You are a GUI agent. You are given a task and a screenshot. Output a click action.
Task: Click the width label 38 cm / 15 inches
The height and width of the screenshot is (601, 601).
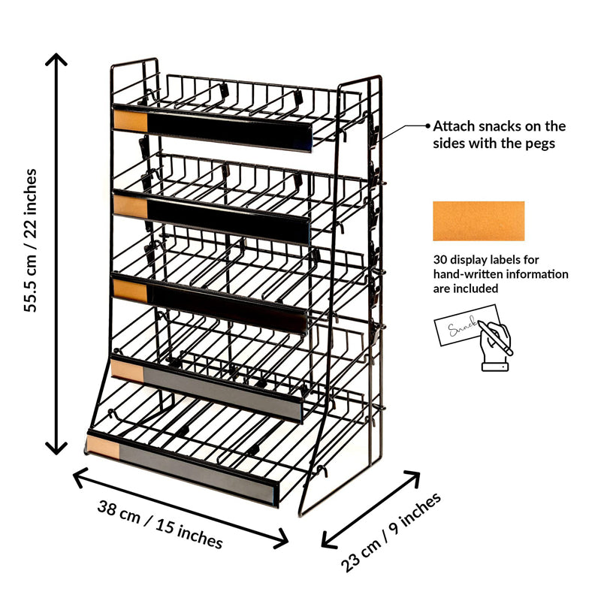click(x=160, y=523)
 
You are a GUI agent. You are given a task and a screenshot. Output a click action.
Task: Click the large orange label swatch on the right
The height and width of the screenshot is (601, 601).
click(x=479, y=221)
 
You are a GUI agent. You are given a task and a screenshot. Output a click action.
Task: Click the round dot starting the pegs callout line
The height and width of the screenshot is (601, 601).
click(x=428, y=126)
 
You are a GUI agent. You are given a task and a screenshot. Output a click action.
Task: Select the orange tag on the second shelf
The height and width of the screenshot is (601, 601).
click(x=129, y=203)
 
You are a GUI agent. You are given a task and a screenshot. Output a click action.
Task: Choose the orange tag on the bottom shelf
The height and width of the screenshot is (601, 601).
click(x=104, y=446)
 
